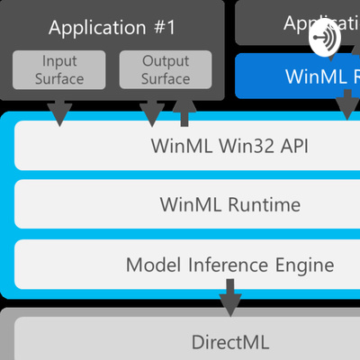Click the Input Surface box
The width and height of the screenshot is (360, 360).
pos(60,70)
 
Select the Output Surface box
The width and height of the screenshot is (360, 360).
pos(166,70)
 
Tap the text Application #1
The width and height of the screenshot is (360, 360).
pos(112,27)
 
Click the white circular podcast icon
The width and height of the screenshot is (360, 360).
pos(326,40)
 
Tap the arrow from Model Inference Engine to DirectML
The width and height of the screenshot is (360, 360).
pos(230,297)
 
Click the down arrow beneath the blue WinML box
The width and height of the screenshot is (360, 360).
pos(346,108)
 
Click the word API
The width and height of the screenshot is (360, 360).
pos(293,145)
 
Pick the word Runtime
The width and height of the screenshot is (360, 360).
pos(265,204)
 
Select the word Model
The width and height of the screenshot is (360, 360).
pos(149,265)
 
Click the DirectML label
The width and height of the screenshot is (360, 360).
pos(229,342)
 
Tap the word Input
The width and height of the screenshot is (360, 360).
pos(60,62)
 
